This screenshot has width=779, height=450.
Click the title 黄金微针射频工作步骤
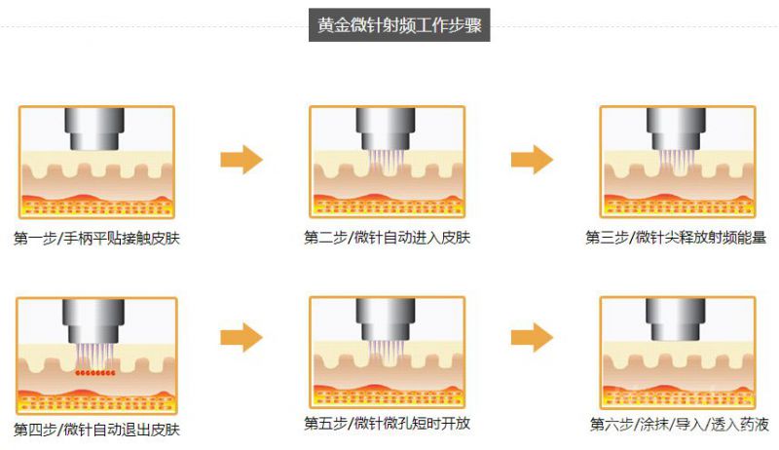pos(399,24)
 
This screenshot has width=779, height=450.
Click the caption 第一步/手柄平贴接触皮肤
pos(96,239)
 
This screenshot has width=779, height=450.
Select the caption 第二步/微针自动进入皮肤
pos(387,238)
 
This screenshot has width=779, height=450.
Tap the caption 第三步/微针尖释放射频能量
pos(676,238)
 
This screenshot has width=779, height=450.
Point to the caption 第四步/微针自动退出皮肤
pos(96,430)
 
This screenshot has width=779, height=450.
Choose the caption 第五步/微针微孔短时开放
pos(387,423)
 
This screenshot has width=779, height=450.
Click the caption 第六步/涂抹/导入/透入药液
pos(679,424)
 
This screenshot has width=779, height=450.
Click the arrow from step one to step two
pos(241,160)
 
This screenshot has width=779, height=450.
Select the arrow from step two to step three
pos(532,160)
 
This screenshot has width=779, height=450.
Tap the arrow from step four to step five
pos(241,337)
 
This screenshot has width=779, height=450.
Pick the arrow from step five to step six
pos(532,337)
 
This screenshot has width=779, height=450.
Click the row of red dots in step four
pos(95,372)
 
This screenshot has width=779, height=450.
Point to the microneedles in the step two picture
pos(386,162)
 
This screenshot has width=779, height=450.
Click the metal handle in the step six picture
pos(675,319)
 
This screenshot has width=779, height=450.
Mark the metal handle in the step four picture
pos(93,321)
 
